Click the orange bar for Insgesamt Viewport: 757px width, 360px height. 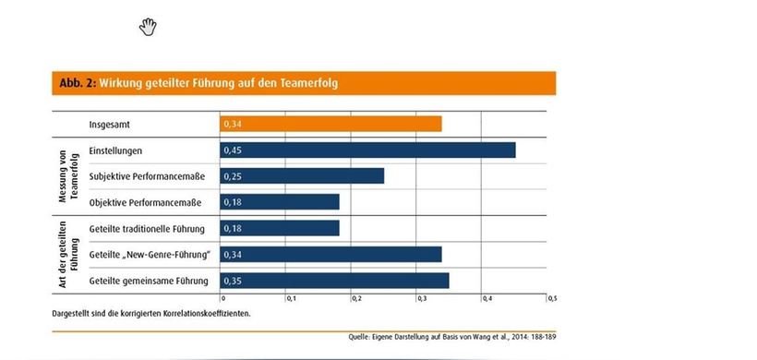click(330, 124)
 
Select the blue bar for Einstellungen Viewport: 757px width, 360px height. click(367, 150)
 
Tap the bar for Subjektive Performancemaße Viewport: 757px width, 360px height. click(302, 176)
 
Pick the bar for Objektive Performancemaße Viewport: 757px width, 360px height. click(280, 202)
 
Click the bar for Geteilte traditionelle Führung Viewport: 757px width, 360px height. click(280, 228)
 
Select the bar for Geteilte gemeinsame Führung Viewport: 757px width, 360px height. click(334, 281)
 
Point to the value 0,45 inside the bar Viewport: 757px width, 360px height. click(231, 150)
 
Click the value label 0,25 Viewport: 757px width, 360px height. click(231, 176)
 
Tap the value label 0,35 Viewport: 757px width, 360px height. click(231, 281)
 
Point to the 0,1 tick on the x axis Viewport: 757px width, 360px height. click(289, 299)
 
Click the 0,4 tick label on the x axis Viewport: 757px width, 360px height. click(487, 299)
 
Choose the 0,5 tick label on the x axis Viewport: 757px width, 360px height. click(552, 299)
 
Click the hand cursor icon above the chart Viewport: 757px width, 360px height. click(148, 27)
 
